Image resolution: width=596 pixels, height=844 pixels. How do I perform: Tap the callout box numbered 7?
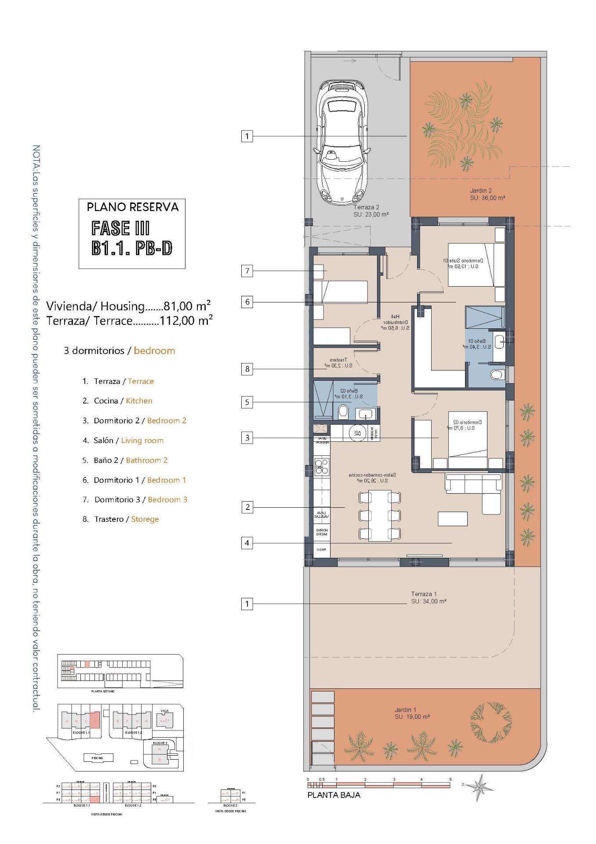pyautogui.click(x=247, y=271)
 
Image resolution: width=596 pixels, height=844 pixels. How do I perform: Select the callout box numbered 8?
pyautogui.click(x=247, y=369)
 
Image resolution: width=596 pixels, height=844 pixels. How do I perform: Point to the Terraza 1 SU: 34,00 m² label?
pyautogui.click(x=428, y=598)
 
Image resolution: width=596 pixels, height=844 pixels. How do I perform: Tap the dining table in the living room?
pyautogui.click(x=380, y=515)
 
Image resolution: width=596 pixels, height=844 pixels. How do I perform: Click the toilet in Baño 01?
pyautogui.click(x=497, y=375)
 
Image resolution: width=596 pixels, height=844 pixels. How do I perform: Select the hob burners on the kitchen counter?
pyautogui.click(x=322, y=467)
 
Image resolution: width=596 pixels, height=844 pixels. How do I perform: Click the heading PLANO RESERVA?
pyautogui.click(x=132, y=207)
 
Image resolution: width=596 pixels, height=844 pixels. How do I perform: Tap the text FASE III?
pyautogui.click(x=120, y=229)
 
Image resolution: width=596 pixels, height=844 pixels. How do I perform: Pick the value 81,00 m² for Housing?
pyautogui.click(x=187, y=306)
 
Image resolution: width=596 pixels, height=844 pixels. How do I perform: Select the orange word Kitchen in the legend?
pyautogui.click(x=139, y=401)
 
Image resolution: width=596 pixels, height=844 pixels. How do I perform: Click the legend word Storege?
pyautogui.click(x=145, y=519)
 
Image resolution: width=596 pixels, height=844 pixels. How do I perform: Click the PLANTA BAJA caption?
pyautogui.click(x=334, y=795)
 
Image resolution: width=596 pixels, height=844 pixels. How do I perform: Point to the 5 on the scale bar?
pyautogui.click(x=450, y=779)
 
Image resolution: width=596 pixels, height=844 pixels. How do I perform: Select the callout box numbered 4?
pyautogui.click(x=247, y=543)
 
